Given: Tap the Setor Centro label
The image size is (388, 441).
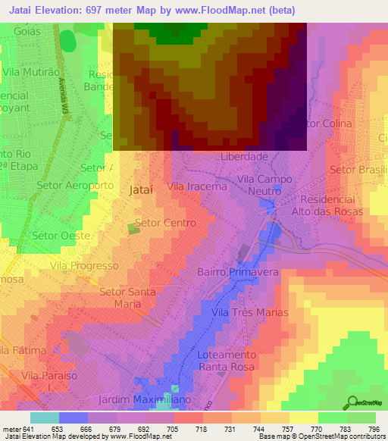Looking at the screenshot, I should pos(164,224).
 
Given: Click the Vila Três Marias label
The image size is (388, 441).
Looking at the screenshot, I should pos(249,312).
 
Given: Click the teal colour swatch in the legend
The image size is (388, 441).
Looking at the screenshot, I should pos(44,417).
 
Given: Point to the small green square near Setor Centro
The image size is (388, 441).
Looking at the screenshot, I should pos(133,228).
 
